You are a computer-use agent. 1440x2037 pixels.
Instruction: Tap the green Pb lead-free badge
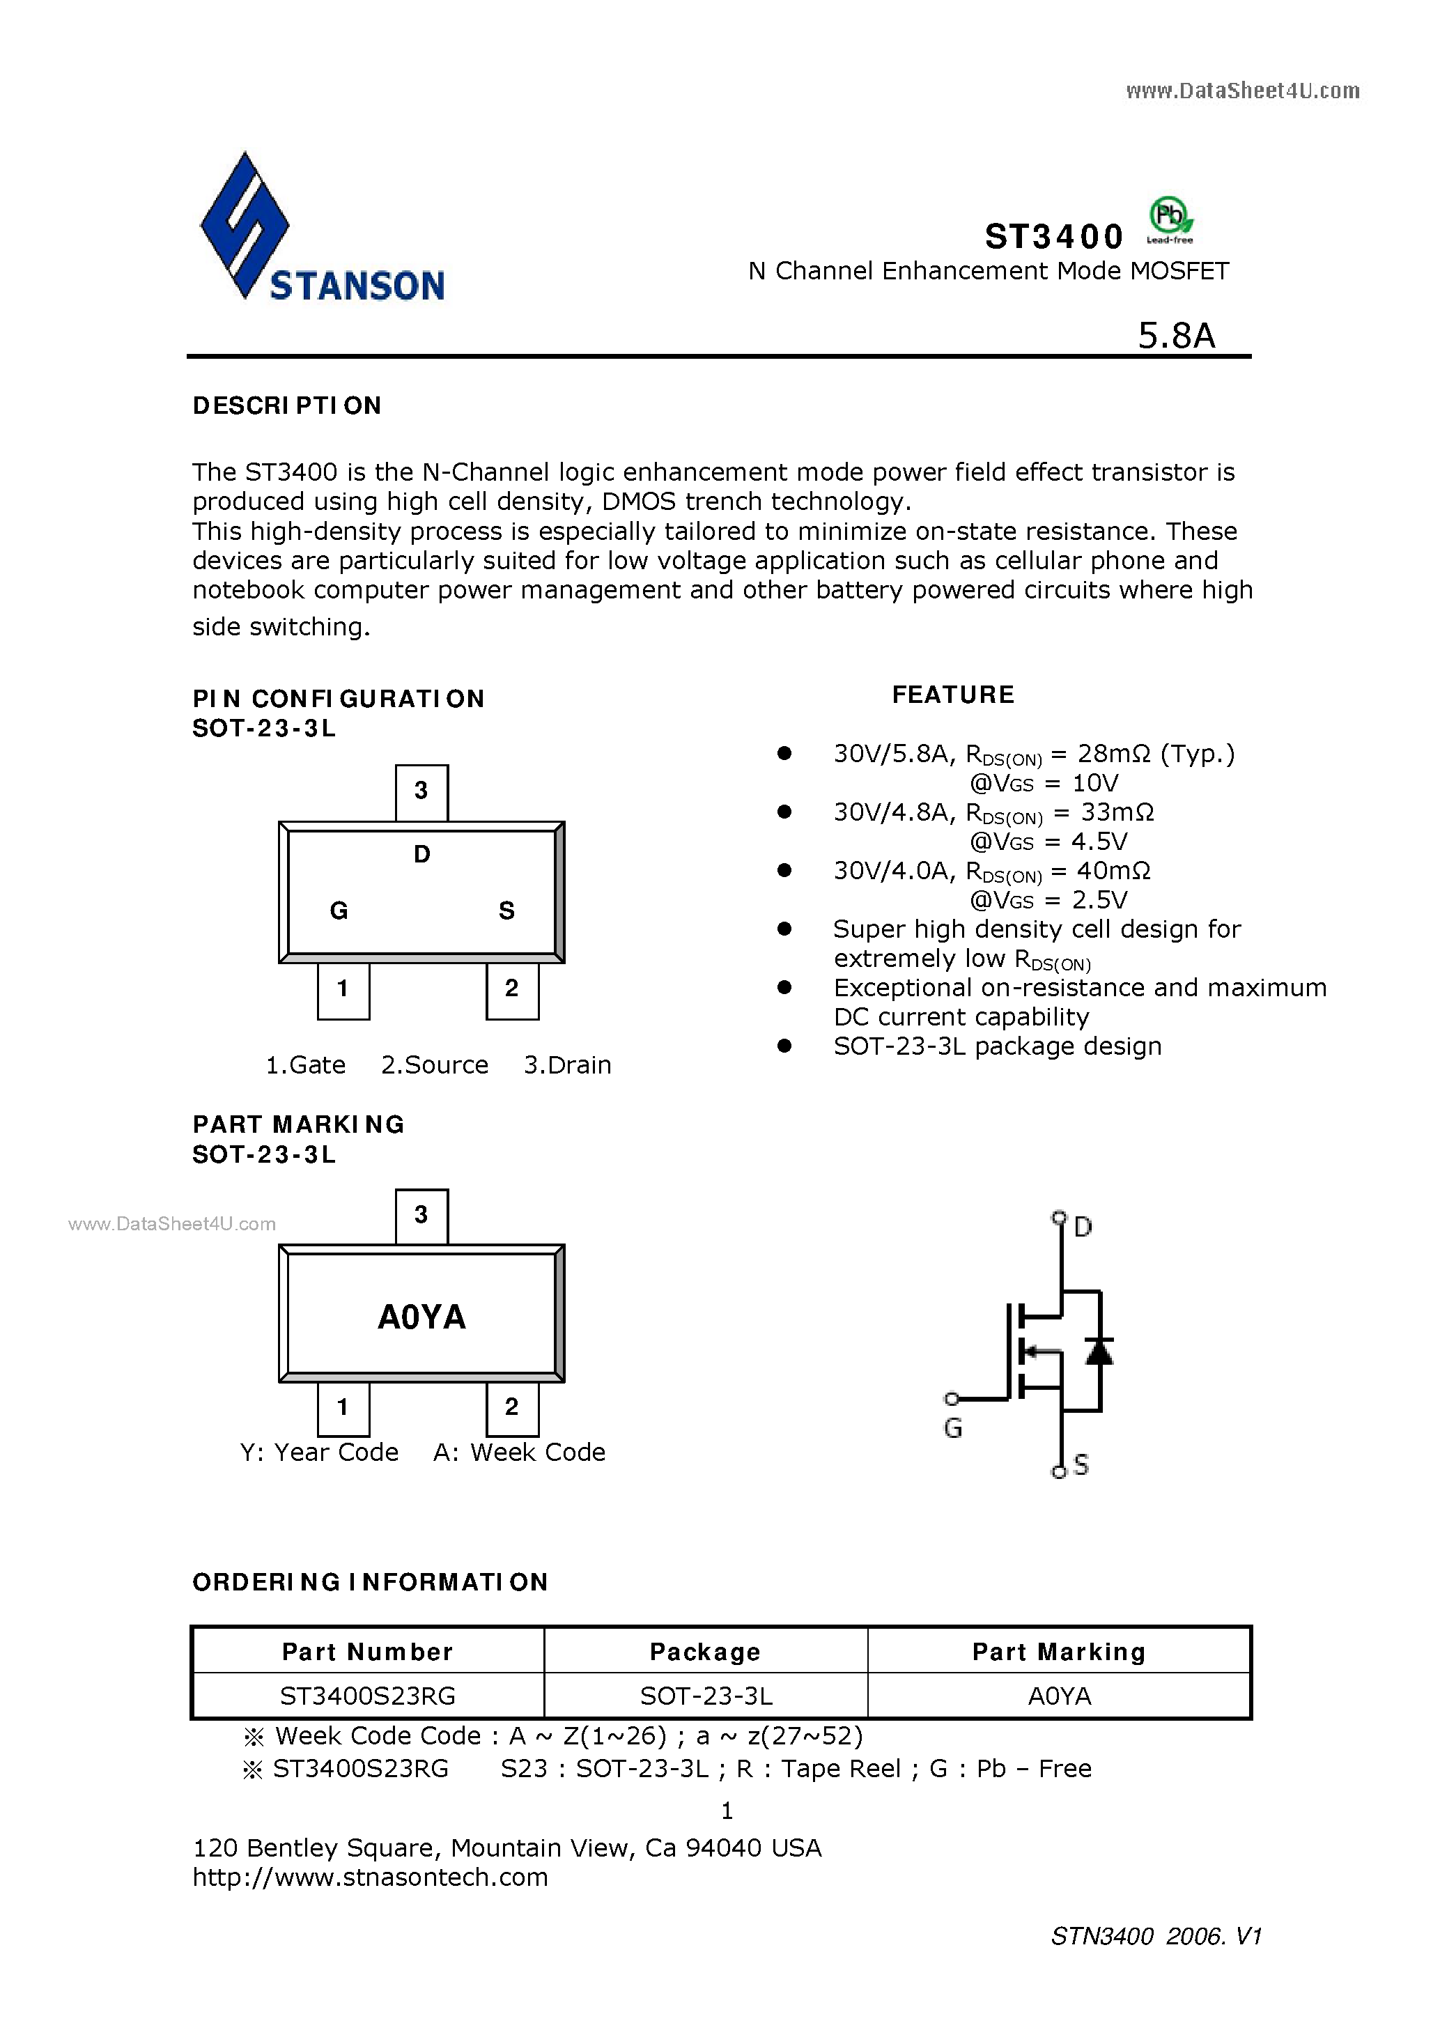tap(1170, 218)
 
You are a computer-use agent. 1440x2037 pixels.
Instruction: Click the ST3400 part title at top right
tap(1054, 237)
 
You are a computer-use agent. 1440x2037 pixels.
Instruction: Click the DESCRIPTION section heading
tap(286, 405)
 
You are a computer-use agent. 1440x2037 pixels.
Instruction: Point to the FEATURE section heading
tap(953, 695)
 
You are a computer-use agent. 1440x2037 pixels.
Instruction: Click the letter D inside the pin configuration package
tap(421, 854)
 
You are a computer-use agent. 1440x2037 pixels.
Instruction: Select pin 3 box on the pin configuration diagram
tap(421, 791)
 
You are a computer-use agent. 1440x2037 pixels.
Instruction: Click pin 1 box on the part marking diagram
tap(343, 1407)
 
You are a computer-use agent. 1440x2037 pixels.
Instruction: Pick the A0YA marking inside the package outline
tap(421, 1317)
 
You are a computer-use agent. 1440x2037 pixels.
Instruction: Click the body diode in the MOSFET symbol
tap(1099, 1351)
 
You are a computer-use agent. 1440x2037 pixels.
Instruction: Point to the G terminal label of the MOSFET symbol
tap(953, 1427)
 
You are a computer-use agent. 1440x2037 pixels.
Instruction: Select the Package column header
tap(705, 1651)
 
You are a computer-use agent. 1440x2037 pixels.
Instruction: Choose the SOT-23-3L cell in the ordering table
tap(706, 1696)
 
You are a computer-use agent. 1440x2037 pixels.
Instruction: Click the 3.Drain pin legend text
tap(567, 1064)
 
